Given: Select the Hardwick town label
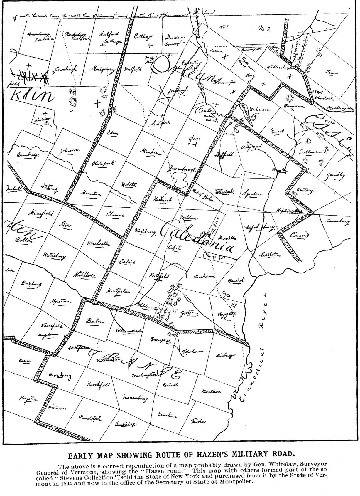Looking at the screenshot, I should click(162, 199).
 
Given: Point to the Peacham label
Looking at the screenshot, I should click(204, 276).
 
